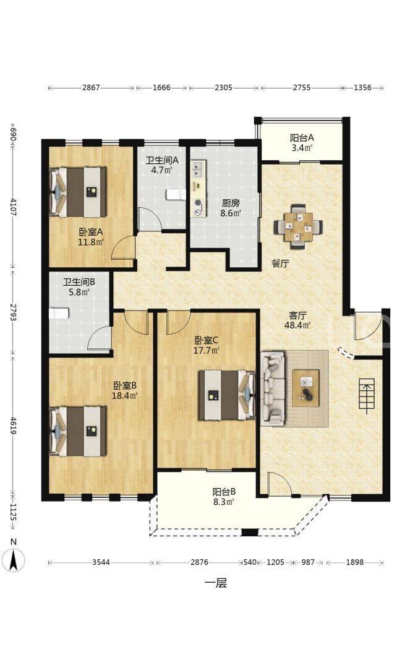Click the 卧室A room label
[91, 232]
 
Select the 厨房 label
[230, 203]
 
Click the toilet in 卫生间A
[176, 194]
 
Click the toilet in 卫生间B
[58, 314]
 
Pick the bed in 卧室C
[226, 395]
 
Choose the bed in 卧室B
[78, 431]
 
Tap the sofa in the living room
[273, 387]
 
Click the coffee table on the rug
[305, 388]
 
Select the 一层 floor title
[216, 583]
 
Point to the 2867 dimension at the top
[91, 88]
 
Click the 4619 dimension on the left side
[13, 426]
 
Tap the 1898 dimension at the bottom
[354, 562]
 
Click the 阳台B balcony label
[224, 492]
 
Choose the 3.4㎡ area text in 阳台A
[302, 148]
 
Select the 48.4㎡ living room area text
[297, 325]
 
